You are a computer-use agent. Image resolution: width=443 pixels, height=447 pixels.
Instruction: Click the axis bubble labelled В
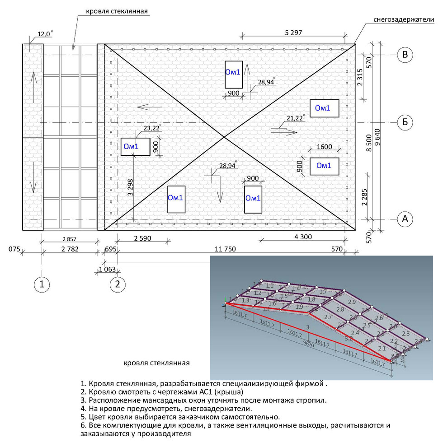(x=405, y=55)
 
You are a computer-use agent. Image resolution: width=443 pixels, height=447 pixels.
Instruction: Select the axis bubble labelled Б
(x=405, y=122)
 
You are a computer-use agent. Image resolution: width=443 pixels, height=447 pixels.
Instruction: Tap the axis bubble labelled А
(x=405, y=219)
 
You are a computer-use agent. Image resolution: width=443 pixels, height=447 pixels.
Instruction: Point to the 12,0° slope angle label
(x=45, y=34)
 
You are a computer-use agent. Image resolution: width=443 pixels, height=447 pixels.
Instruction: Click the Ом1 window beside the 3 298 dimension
(x=136, y=146)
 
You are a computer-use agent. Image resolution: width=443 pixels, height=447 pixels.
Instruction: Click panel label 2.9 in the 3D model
(x=352, y=301)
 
